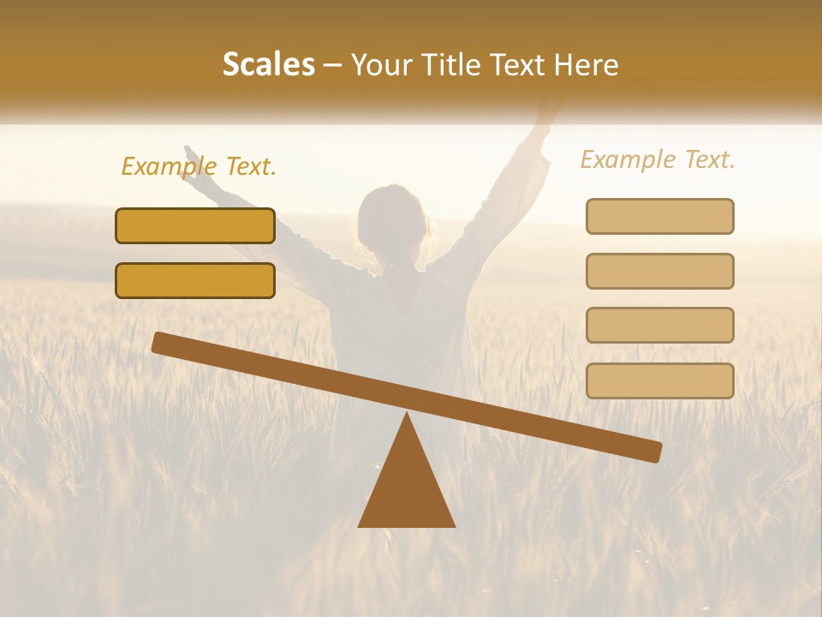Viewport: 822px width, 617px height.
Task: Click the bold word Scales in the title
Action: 269,65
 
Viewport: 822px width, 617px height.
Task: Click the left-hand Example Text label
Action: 199,166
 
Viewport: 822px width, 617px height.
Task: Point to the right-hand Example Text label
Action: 658,159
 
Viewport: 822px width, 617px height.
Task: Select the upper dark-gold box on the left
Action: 195,225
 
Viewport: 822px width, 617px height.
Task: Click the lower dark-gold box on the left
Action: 195,280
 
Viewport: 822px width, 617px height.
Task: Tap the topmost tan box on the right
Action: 659,216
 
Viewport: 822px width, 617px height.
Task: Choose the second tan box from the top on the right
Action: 659,271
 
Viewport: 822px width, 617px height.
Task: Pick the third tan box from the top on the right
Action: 659,326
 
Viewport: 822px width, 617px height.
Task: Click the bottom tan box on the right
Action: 659,380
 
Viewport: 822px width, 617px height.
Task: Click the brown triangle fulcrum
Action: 407,488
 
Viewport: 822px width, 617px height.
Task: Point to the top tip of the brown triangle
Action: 407,416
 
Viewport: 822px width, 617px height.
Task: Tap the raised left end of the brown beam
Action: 159,342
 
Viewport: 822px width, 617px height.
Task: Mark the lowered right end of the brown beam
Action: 654,452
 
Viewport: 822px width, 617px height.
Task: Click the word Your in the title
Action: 378,65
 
